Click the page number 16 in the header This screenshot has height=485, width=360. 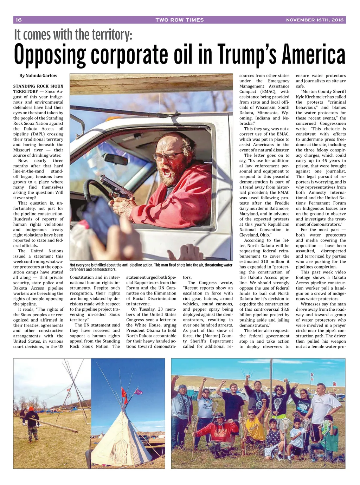click(x=19, y=20)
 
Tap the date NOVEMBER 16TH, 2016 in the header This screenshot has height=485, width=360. click(x=315, y=20)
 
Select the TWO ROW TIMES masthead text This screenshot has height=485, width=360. click(x=179, y=20)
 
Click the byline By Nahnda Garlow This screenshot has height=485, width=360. click(x=38, y=76)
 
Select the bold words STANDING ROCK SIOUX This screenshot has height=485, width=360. click(x=38, y=86)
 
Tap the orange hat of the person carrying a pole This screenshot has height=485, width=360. click(x=31, y=409)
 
